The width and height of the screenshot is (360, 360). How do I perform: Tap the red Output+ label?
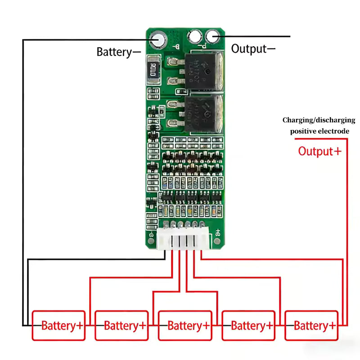click(x=319, y=151)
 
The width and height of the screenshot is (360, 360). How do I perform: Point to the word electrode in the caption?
click(x=334, y=131)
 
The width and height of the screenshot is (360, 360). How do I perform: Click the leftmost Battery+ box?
click(x=58, y=325)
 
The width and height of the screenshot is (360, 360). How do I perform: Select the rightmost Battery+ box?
click(x=311, y=325)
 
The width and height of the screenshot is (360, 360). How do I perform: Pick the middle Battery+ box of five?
click(x=185, y=325)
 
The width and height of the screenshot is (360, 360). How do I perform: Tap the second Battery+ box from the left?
click(x=121, y=325)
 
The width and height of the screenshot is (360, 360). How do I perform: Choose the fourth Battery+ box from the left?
click(x=248, y=325)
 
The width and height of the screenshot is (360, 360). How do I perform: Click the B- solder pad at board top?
click(x=159, y=39)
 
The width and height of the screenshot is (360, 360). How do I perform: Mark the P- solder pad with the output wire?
click(x=212, y=36)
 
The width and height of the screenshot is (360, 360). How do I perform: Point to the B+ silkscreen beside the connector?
click(x=218, y=233)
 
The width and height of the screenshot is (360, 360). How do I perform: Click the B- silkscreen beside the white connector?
click(x=153, y=233)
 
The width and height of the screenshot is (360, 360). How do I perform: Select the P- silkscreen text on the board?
click(x=203, y=45)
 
